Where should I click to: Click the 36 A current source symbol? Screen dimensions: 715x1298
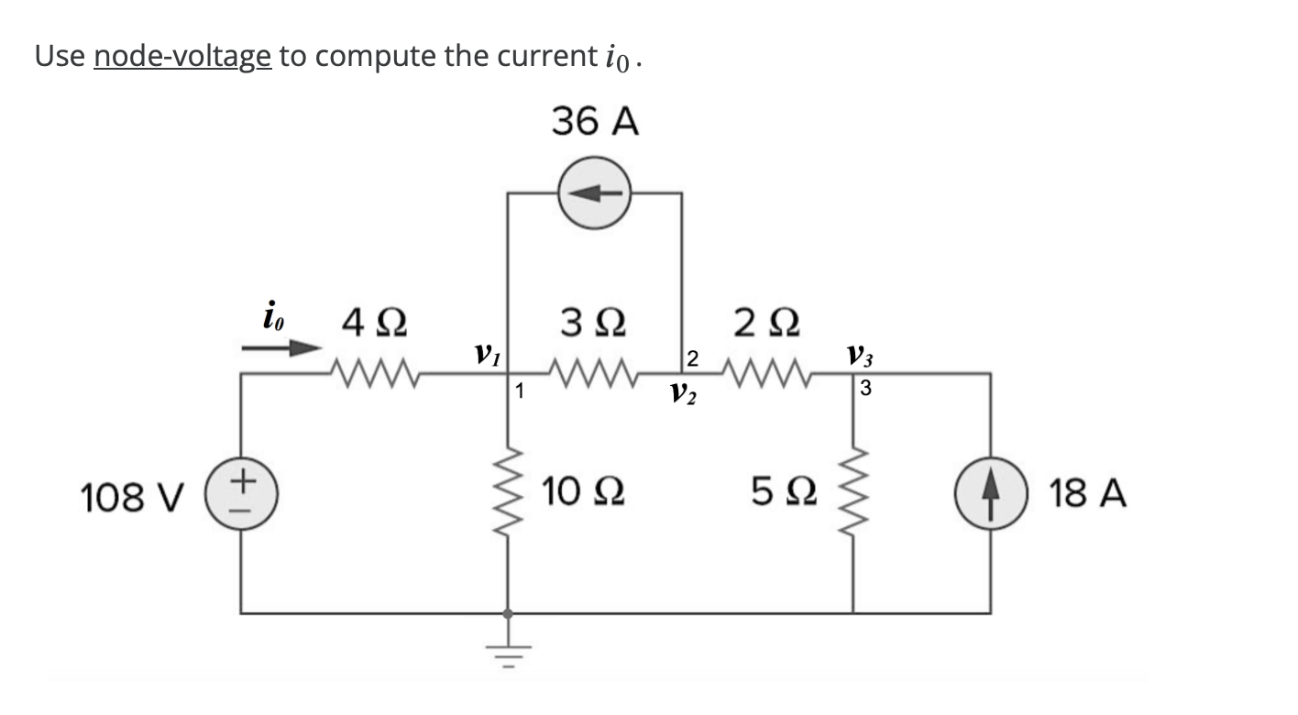(x=595, y=192)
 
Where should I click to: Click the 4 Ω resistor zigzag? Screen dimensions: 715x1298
(x=373, y=373)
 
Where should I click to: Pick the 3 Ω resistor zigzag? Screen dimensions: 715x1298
(x=594, y=373)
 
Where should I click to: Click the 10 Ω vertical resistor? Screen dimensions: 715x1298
(x=509, y=495)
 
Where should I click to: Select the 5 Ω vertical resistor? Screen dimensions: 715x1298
(x=855, y=495)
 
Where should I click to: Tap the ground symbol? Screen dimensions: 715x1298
(x=510, y=647)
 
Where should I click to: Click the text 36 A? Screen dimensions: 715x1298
(x=595, y=123)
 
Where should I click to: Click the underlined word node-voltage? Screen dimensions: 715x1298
(x=181, y=56)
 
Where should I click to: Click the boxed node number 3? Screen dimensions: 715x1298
(x=865, y=390)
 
